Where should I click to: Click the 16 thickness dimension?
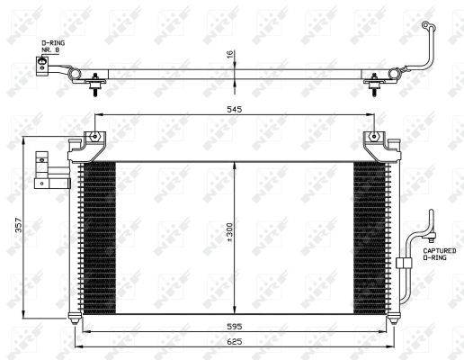click(x=230, y=55)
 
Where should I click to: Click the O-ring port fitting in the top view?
click(x=40, y=66)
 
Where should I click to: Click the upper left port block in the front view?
click(x=42, y=163)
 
